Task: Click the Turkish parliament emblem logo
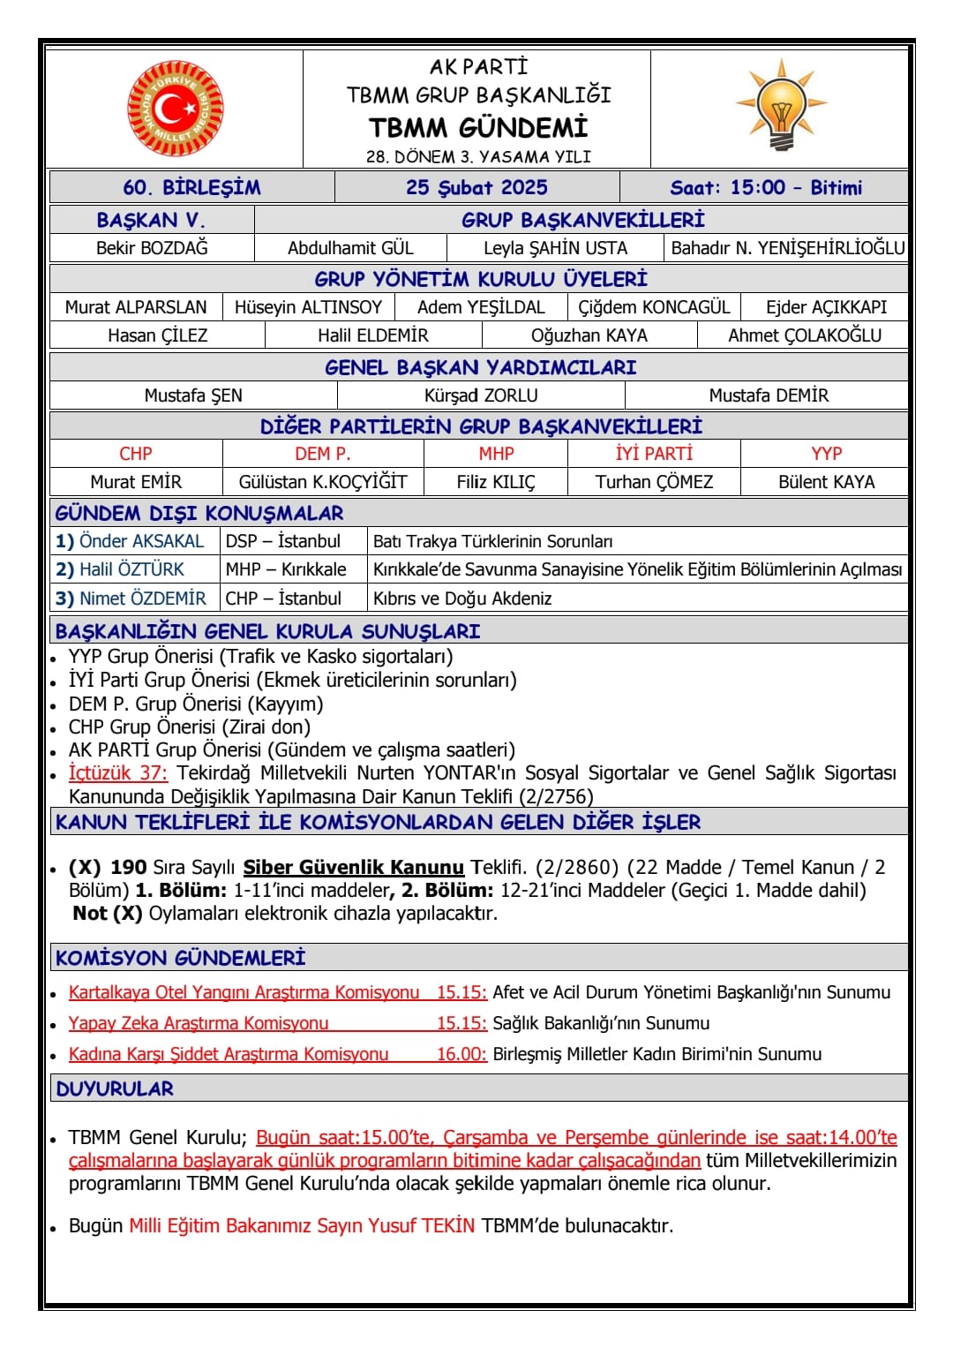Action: (x=175, y=109)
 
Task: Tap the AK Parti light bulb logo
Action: (x=781, y=105)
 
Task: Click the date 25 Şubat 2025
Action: (x=476, y=187)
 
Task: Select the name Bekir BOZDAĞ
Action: (x=152, y=248)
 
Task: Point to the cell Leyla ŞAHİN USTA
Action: (x=555, y=248)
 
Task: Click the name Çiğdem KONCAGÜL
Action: (x=654, y=307)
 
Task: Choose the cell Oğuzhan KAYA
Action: (x=589, y=335)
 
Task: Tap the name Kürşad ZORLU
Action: (x=481, y=395)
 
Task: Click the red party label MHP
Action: (x=496, y=454)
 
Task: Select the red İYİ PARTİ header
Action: (x=654, y=454)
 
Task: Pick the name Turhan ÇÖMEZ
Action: (x=654, y=482)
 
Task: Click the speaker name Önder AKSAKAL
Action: (x=141, y=541)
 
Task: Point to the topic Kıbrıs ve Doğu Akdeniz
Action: (x=462, y=599)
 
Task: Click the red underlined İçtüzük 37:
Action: (x=117, y=773)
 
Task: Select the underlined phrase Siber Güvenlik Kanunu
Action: (x=353, y=867)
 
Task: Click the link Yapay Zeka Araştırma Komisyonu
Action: (x=199, y=1023)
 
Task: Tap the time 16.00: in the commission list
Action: (x=461, y=1054)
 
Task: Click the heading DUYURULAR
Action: (x=115, y=1088)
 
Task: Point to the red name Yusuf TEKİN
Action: (x=422, y=1225)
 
